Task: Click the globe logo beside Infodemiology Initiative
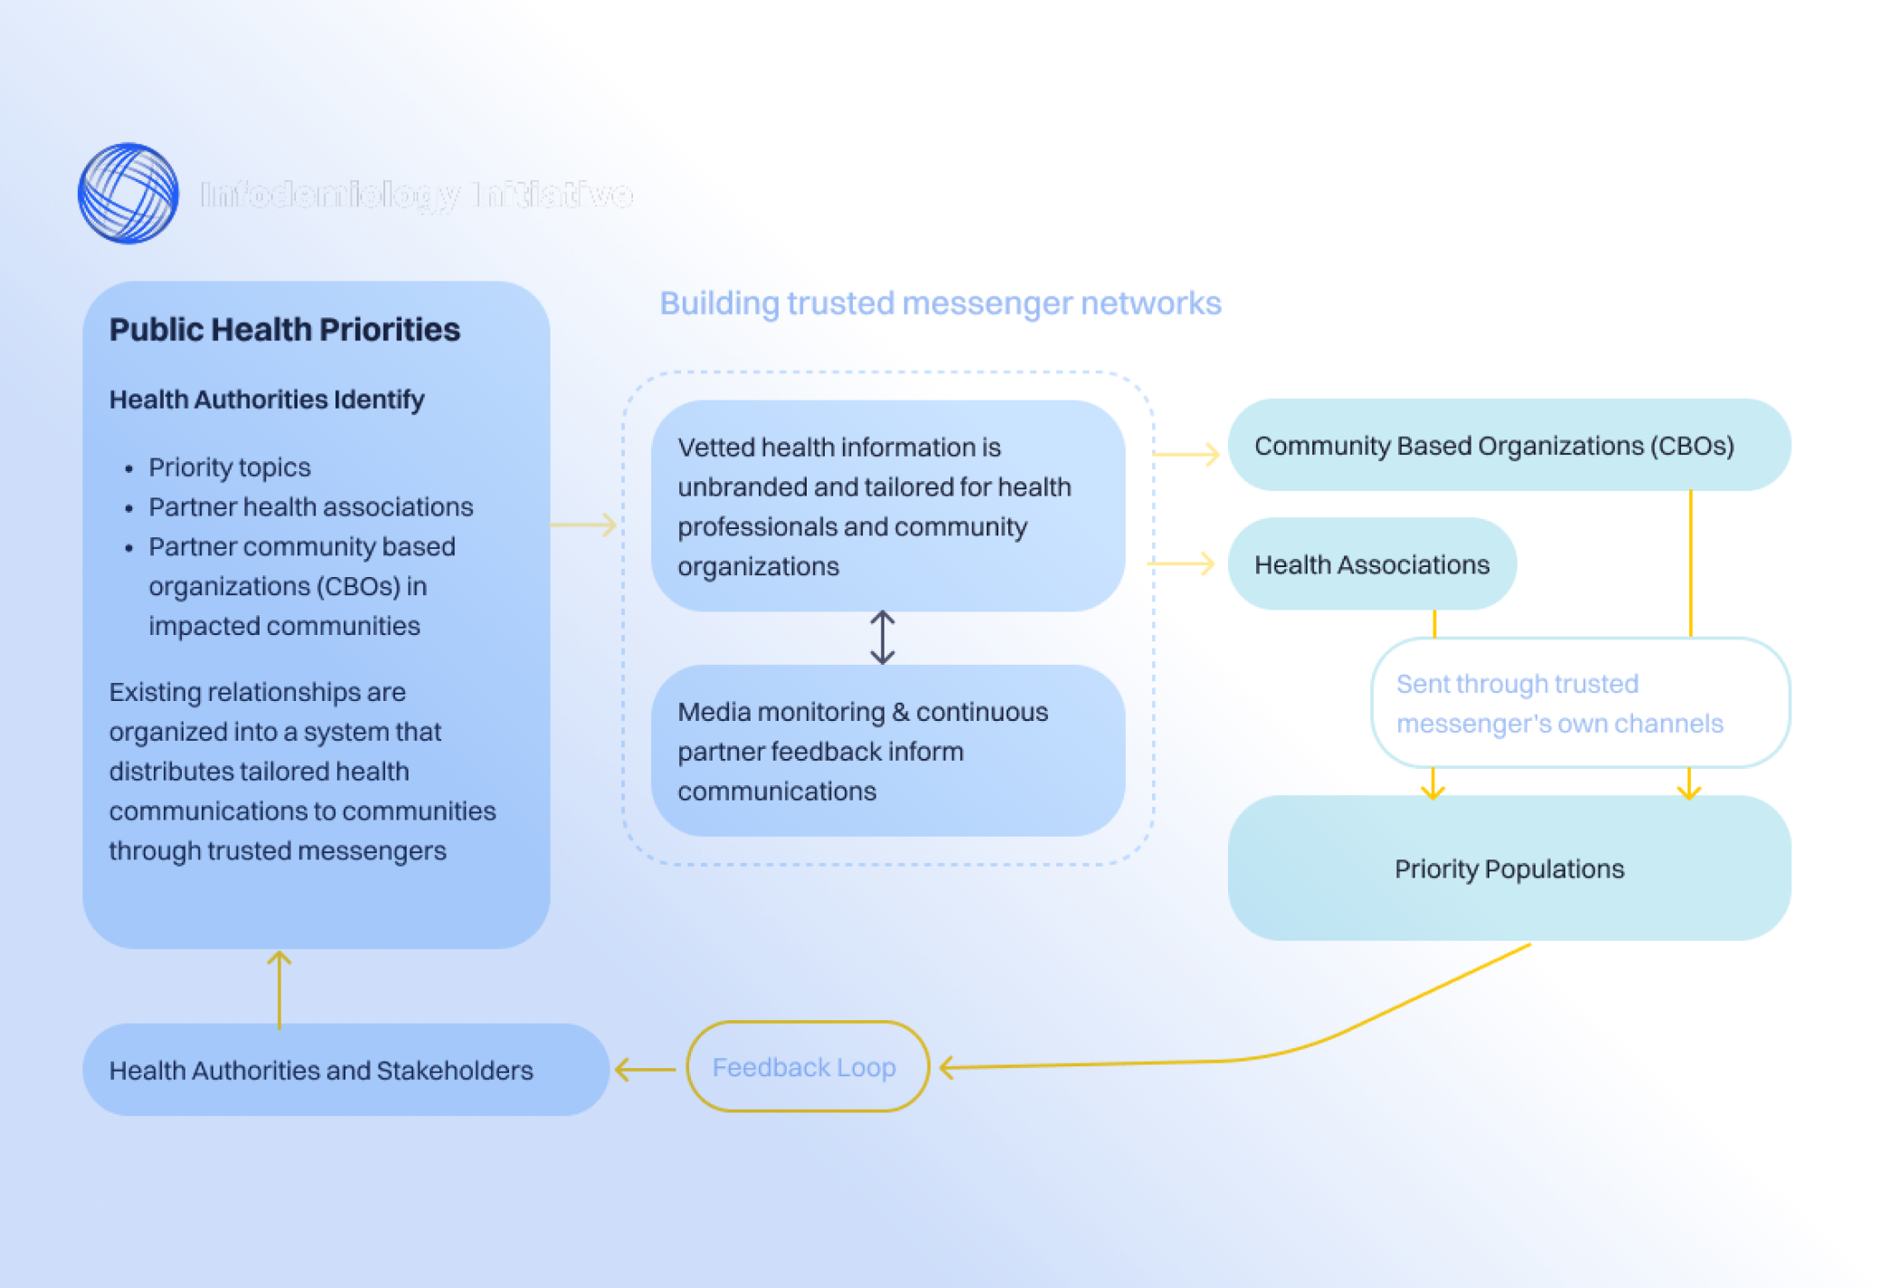[128, 194]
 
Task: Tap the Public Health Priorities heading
[285, 329]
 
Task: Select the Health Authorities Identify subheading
[267, 399]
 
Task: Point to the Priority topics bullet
[230, 467]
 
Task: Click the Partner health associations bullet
[310, 507]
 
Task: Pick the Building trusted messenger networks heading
[940, 303]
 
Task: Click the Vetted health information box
[887, 506]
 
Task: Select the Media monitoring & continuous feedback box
[887, 750]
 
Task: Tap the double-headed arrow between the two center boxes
[883, 637]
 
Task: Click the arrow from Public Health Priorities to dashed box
[584, 525]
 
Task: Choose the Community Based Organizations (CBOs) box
[1508, 445]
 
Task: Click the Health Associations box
[1371, 564]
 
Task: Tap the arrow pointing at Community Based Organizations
[1187, 453]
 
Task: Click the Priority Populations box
[1508, 868]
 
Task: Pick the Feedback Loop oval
[805, 1067]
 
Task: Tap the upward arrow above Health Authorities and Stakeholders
[279, 988]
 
